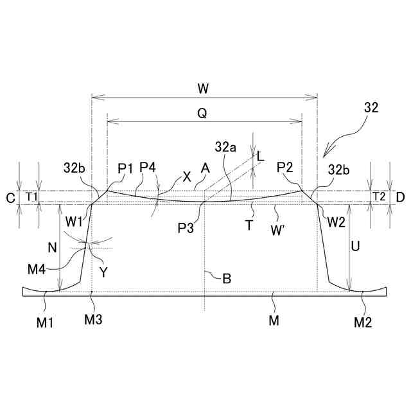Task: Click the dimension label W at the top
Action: pyautogui.click(x=205, y=87)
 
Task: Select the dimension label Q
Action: pyautogui.click(x=202, y=113)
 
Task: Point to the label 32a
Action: pyautogui.click(x=226, y=148)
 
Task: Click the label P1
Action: pyautogui.click(x=125, y=168)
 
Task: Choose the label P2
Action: pyautogui.click(x=285, y=168)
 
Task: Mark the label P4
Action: pyautogui.click(x=148, y=168)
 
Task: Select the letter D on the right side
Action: pyautogui.click(x=400, y=197)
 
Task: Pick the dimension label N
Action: pyautogui.click(x=53, y=246)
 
